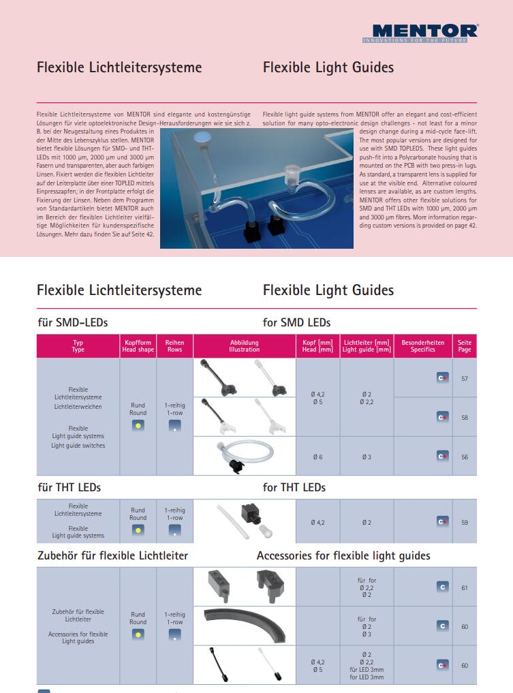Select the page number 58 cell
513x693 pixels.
(465, 417)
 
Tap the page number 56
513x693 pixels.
(465, 457)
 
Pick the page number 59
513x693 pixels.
(465, 522)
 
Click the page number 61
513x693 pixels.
(465, 587)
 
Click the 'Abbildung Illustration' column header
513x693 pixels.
(244, 346)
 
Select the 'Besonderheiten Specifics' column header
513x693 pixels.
(422, 346)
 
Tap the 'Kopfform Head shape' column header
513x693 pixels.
(138, 346)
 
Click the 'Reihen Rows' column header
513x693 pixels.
(175, 346)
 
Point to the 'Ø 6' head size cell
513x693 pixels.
(317, 457)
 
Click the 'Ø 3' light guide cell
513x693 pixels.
(367, 457)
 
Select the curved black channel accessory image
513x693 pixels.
(244, 625)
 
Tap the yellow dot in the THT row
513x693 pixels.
(138, 530)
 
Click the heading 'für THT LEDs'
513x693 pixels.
(69, 487)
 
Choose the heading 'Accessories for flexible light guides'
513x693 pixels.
(343, 556)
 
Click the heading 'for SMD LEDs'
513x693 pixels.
(296, 322)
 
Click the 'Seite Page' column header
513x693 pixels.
(465, 346)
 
